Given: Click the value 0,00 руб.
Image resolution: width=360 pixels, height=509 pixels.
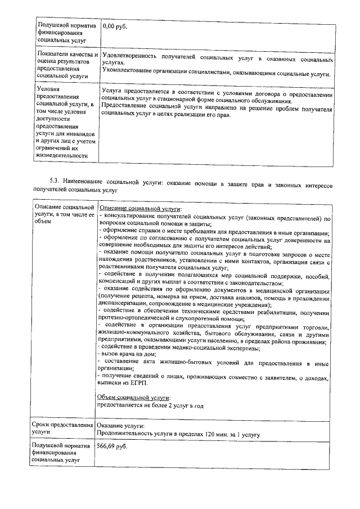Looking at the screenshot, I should (x=115, y=26).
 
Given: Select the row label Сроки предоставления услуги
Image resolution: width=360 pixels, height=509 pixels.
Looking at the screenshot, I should (x=62, y=430).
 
